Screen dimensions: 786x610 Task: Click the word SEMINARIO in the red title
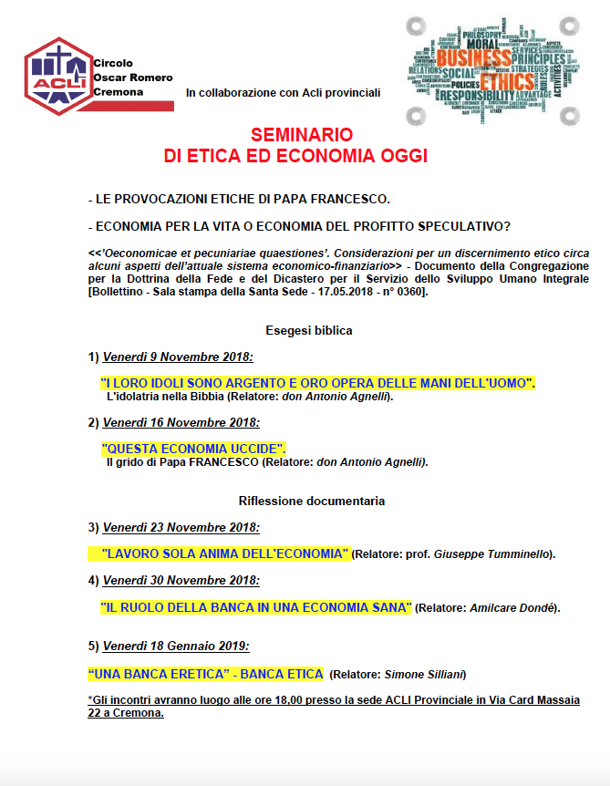[x=295, y=136]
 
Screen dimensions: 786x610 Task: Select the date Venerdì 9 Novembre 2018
[x=178, y=356]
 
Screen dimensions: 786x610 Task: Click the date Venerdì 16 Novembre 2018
[x=181, y=422]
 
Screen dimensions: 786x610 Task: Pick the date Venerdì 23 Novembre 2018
[x=181, y=527]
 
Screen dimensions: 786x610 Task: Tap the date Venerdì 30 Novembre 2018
[x=181, y=580]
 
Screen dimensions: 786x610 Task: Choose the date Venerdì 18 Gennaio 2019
[x=176, y=646]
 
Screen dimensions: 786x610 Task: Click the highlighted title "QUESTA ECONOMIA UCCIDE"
[x=194, y=448]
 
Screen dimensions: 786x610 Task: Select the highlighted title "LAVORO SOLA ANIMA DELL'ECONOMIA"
[x=225, y=553]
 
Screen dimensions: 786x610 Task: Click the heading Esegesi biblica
[x=308, y=330]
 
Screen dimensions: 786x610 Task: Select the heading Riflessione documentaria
[x=311, y=501]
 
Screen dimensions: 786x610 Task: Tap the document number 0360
[x=407, y=291]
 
